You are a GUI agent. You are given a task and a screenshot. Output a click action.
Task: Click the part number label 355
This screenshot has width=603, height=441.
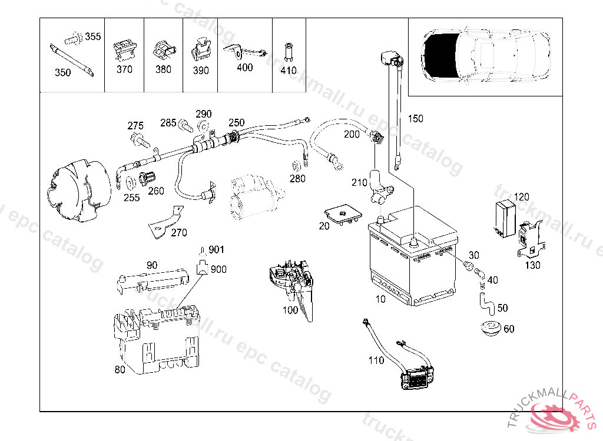92,36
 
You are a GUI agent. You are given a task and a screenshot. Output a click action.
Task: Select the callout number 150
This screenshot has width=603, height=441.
415,119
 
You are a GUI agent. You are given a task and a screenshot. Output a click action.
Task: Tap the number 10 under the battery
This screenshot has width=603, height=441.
380,299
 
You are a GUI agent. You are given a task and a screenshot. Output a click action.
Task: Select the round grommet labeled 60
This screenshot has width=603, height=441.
489,328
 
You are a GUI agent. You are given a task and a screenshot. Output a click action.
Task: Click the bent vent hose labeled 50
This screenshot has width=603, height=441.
485,301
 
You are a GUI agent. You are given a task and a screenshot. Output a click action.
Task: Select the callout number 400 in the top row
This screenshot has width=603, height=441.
244,68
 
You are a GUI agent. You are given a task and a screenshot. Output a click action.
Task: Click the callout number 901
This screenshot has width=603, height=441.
217,249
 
